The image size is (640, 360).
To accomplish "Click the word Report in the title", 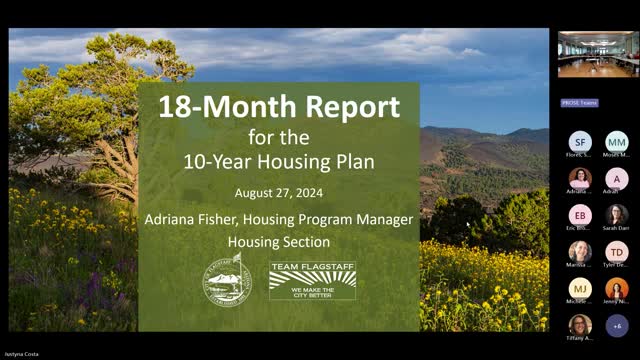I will [x=348, y=108].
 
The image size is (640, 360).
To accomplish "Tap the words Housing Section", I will [x=279, y=242].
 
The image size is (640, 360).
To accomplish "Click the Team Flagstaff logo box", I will [x=312, y=280].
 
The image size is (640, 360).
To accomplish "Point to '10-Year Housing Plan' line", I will [x=279, y=160].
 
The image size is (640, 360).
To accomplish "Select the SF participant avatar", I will [x=581, y=142].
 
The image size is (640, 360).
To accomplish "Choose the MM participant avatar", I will [x=617, y=142].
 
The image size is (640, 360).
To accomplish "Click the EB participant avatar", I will [x=581, y=215].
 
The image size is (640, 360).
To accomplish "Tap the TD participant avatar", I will [x=617, y=252].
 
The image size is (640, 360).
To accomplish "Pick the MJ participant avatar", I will [x=581, y=289].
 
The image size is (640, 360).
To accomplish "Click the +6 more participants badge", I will [x=617, y=325].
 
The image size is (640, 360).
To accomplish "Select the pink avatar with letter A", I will [x=617, y=178].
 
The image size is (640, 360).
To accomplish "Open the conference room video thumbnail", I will [x=598, y=54].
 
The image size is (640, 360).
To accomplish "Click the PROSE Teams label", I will [x=578, y=103].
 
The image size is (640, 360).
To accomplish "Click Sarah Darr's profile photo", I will [x=617, y=215].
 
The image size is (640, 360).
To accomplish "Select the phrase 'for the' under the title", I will [x=279, y=135].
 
